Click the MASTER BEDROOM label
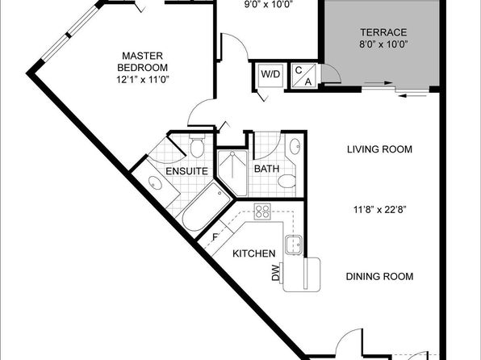pyautogui.click(x=143, y=61)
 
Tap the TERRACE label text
pyautogui.click(x=383, y=32)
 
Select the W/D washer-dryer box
pyautogui.click(x=270, y=75)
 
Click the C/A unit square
pyautogui.click(x=303, y=76)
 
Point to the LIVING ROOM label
pyautogui.click(x=379, y=149)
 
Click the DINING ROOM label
pyautogui.click(x=379, y=277)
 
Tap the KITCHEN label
pyautogui.click(x=254, y=253)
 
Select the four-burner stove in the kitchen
pyautogui.click(x=262, y=211)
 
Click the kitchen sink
pyautogui.click(x=294, y=245)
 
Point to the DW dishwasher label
pyautogui.click(x=276, y=273)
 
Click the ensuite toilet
pyautogui.click(x=197, y=145)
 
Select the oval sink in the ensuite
pyautogui.click(x=155, y=183)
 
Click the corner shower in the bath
pyautogui.click(x=232, y=173)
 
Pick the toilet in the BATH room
pyautogui.click(x=287, y=181)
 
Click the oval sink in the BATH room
pyautogui.click(x=295, y=146)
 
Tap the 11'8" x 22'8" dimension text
pyautogui.click(x=380, y=210)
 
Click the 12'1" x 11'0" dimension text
pyautogui.click(x=143, y=80)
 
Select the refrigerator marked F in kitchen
pyautogui.click(x=215, y=237)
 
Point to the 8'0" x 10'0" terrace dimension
pyautogui.click(x=383, y=44)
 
